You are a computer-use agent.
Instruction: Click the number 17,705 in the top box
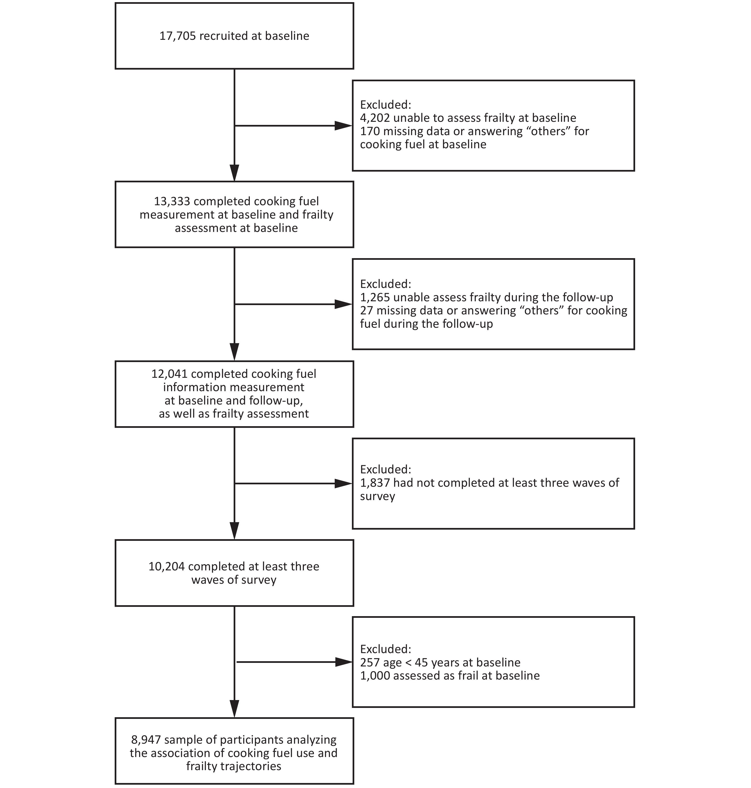178,36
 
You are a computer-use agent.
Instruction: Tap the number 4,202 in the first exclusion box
375,118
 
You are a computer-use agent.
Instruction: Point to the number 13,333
172,201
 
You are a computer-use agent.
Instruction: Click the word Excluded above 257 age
386,649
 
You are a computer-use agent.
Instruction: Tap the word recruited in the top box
224,36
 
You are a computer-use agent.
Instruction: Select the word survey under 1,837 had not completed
377,497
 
